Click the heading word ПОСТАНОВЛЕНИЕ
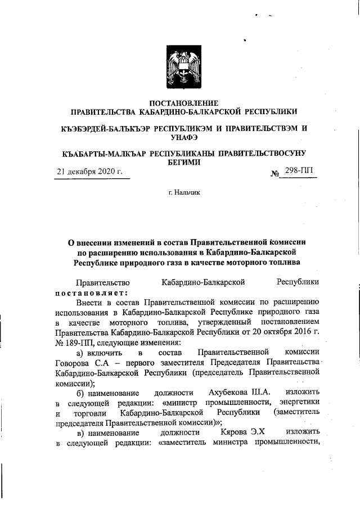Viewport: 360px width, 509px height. (180, 102)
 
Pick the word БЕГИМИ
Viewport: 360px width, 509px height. (180, 161)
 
